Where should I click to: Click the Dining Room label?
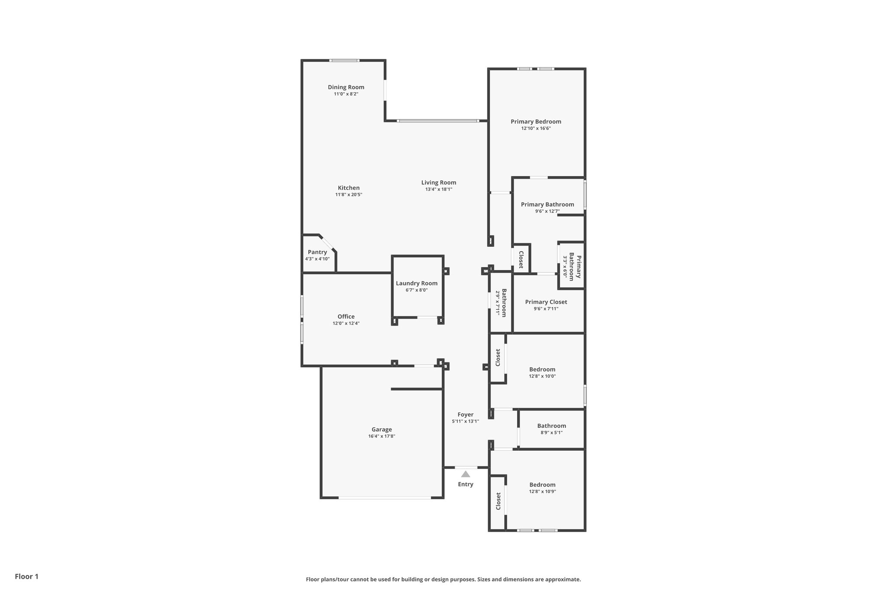[x=346, y=87]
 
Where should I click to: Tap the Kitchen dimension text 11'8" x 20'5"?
[x=348, y=195]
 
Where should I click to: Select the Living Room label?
[x=438, y=182]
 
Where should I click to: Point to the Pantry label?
[x=317, y=252]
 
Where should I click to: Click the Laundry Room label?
[x=416, y=283]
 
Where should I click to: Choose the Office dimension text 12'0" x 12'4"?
[x=346, y=323]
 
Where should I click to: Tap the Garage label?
[x=381, y=429]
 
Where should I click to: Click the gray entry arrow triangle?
[x=465, y=474]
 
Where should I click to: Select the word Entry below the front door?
[x=465, y=484]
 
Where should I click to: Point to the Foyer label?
[x=465, y=414]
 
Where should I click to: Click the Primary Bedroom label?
[x=535, y=122]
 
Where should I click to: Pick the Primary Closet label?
[x=546, y=302]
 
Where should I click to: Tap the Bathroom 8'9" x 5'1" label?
[x=551, y=426]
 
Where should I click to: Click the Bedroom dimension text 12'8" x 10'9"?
[x=542, y=491]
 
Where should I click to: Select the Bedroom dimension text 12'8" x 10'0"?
[x=542, y=376]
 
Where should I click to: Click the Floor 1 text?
[x=26, y=576]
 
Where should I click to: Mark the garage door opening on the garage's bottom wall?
[x=385, y=498]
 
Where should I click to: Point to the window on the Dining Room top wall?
[x=344, y=60]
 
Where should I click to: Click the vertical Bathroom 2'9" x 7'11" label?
[x=501, y=303]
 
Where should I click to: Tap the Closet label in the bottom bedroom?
[x=498, y=501]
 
